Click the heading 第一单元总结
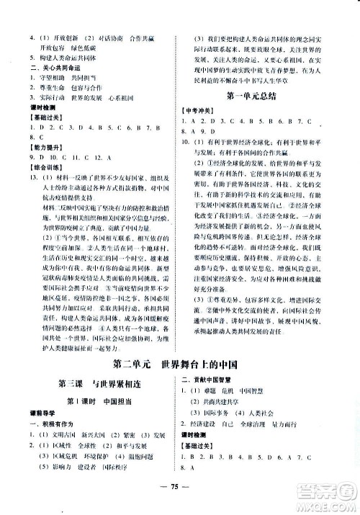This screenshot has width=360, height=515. [259, 96]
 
